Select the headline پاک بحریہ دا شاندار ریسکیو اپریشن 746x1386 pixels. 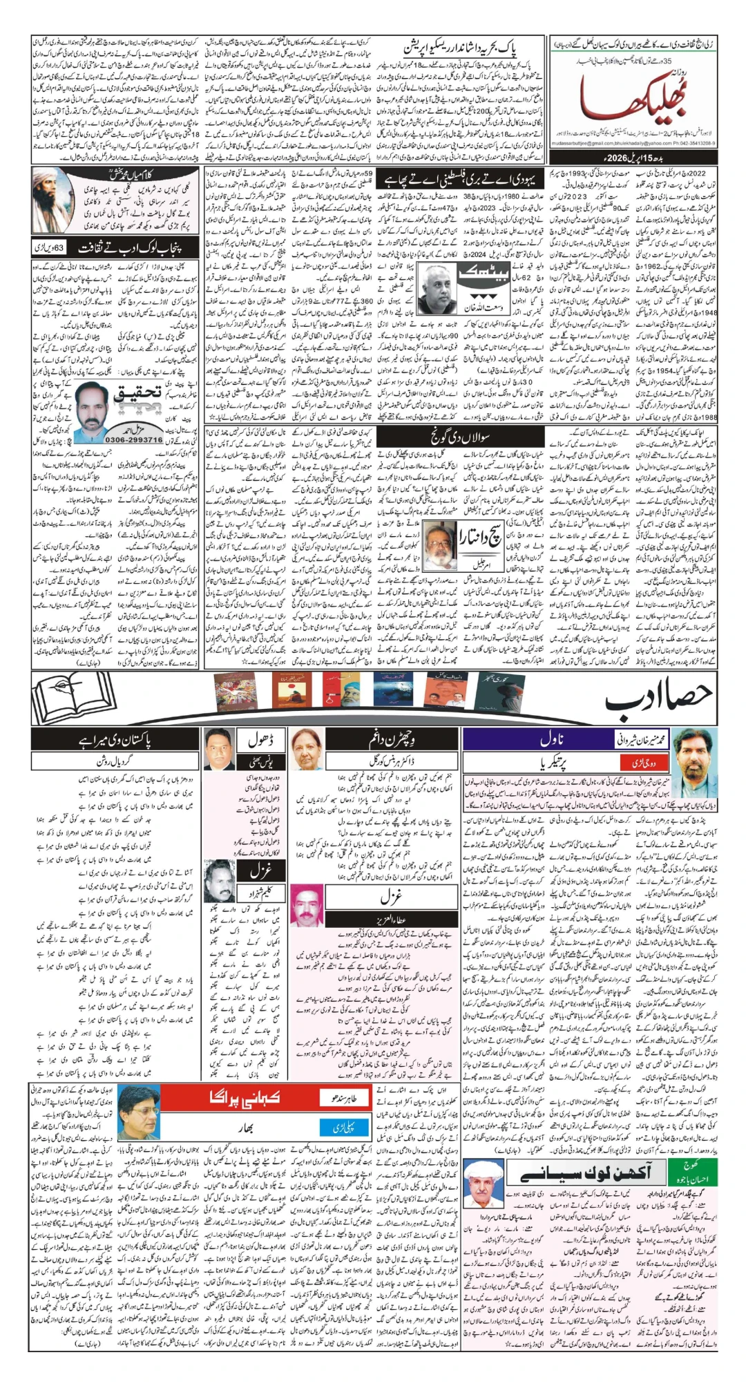(461, 48)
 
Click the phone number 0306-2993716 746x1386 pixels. (134, 439)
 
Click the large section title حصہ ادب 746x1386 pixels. (656, 699)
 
